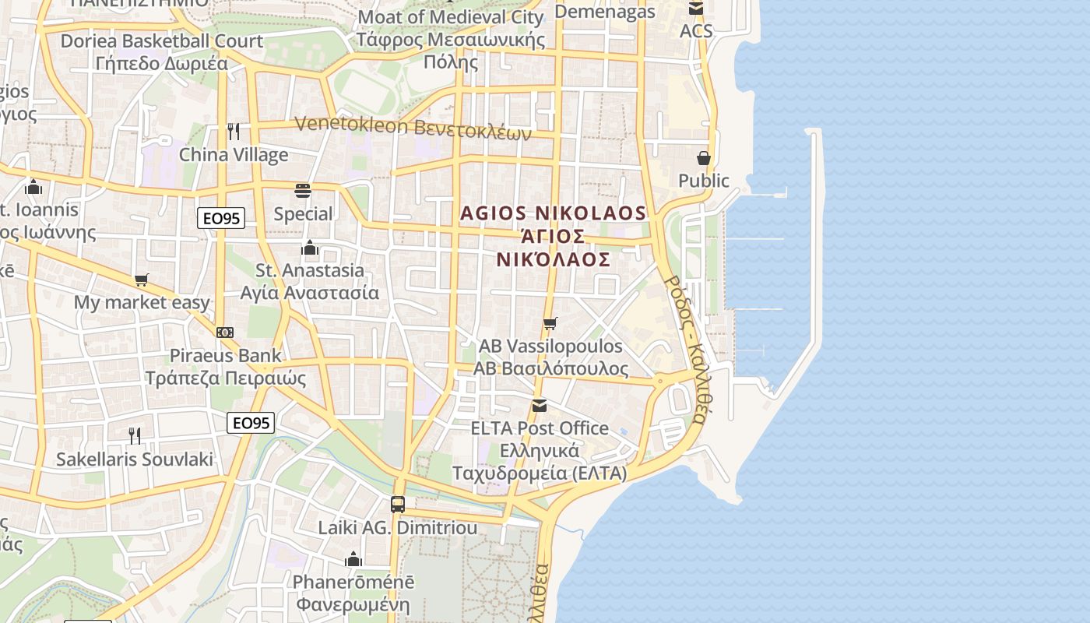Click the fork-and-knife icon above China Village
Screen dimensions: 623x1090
pos(234,131)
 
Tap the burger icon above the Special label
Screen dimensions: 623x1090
pos(303,191)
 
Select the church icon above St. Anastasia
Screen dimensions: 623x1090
pos(310,248)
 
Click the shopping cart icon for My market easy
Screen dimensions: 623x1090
pos(141,280)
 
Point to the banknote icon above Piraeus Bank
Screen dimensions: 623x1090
pos(225,333)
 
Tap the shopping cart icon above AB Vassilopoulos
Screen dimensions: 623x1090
pos(550,323)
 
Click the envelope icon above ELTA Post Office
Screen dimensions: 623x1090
pos(539,405)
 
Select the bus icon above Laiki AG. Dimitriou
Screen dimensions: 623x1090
pos(398,504)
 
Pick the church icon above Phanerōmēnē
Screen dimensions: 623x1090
pos(353,559)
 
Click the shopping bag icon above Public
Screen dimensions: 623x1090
pos(704,158)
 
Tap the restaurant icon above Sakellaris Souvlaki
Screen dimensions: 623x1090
pos(135,435)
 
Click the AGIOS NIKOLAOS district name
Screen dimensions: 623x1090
pos(553,213)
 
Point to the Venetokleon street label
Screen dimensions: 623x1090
pos(413,128)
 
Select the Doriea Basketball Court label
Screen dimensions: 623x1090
pos(161,40)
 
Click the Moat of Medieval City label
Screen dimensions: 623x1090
pos(450,17)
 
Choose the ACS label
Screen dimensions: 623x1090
pos(696,31)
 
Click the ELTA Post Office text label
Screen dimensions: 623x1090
pos(540,428)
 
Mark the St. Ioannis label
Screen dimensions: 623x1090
pos(39,209)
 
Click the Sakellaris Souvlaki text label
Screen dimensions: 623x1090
pos(134,459)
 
